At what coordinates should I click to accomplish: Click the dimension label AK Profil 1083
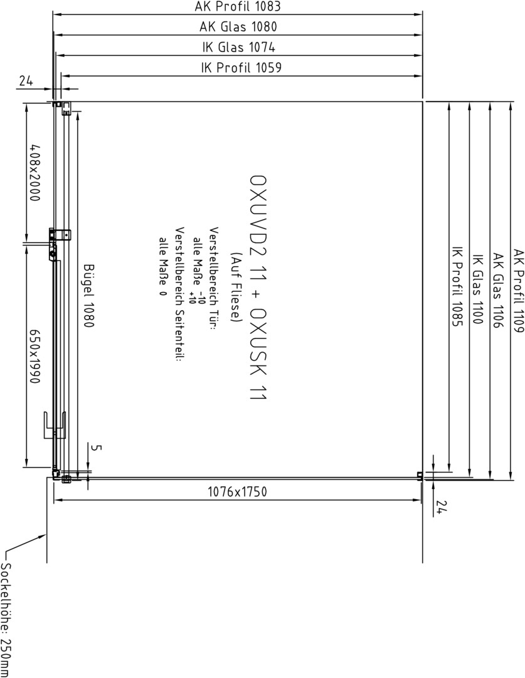tap(237, 6)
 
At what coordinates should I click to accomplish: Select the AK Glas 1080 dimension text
tap(238, 27)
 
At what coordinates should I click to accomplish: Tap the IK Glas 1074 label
tap(238, 47)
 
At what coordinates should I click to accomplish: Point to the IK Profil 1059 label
tap(241, 67)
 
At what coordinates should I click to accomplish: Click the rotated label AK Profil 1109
tap(519, 291)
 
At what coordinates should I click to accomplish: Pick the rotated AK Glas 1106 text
tap(498, 290)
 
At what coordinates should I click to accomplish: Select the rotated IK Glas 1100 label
tap(478, 288)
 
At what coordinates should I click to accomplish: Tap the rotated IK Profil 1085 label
tap(457, 286)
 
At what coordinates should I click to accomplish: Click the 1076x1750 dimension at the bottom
tap(237, 492)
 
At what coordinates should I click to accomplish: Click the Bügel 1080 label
tap(88, 296)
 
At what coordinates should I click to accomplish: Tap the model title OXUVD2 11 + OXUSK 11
tap(258, 288)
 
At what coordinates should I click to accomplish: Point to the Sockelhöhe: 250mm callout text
tap(5, 619)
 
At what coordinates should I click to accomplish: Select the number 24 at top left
tap(26, 80)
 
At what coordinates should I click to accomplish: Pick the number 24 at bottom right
tap(440, 507)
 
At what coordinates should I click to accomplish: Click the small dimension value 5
tap(97, 448)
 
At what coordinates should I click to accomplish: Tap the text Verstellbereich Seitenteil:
tap(180, 294)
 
